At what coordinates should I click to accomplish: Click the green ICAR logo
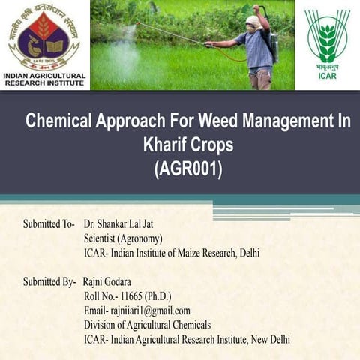[327, 36]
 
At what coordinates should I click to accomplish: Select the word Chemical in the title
[59, 121]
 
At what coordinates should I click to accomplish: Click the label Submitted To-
[48, 224]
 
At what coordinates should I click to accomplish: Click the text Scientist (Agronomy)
[124, 238]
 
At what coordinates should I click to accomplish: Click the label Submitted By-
[48, 282]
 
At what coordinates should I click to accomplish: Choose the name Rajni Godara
[106, 282]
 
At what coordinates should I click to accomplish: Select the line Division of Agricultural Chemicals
[148, 325]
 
